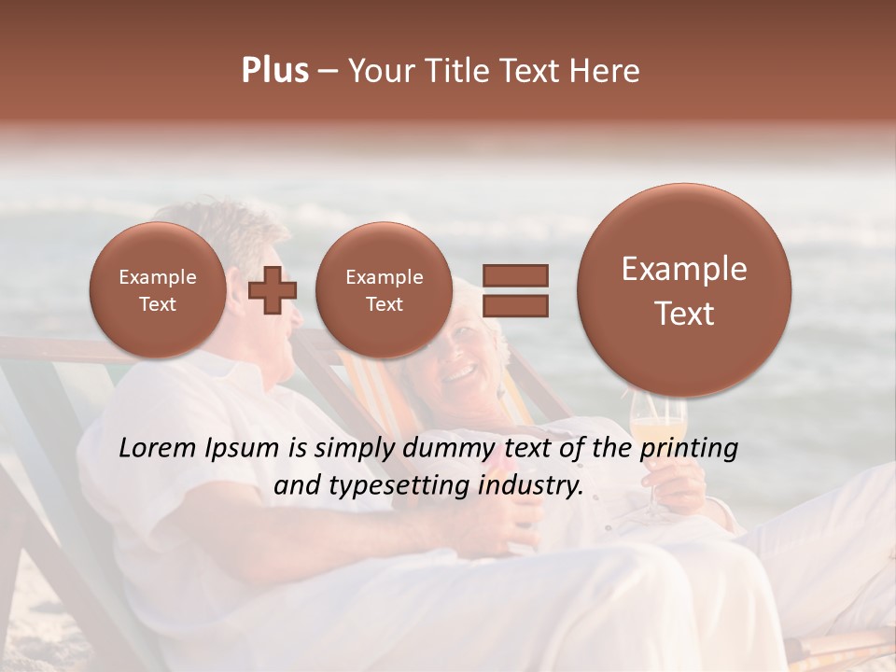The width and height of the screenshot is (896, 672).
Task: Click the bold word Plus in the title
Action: [274, 71]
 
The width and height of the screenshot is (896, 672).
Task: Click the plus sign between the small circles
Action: [273, 289]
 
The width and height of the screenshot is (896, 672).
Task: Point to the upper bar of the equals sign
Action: [514, 275]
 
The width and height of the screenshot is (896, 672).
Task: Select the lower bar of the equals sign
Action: [514, 305]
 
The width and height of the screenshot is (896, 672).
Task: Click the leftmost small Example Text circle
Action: [157, 290]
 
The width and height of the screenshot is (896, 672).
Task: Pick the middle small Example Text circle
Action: [384, 290]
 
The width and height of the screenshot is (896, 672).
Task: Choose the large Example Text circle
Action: [684, 290]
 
